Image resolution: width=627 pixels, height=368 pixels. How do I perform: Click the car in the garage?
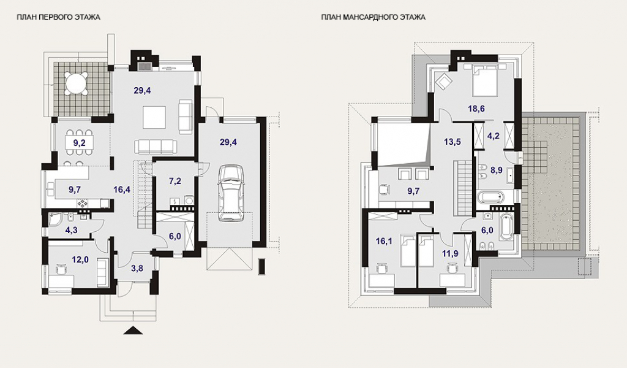coord(231,193)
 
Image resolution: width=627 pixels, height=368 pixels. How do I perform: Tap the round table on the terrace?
coord(77,83)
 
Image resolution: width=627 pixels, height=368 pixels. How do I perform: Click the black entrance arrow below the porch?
coord(133,331)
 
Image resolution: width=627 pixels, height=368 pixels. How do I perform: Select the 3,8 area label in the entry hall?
coord(137,269)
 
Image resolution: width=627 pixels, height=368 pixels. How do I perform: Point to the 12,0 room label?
coord(80,259)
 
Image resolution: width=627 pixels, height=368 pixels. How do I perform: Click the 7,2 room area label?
coord(175,181)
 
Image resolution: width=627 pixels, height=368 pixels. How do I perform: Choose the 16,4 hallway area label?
coord(122,190)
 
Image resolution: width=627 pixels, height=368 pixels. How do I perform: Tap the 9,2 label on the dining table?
coord(79,142)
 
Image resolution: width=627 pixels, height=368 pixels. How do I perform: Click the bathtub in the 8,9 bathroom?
coord(490,197)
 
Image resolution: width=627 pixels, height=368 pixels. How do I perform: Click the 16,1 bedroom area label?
coord(384,241)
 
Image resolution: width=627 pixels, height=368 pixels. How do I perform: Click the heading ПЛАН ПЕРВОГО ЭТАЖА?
coord(58,17)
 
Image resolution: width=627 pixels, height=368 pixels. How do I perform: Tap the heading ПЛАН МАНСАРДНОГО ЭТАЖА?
coord(373,17)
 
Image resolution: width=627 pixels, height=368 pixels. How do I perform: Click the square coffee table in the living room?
coord(154,117)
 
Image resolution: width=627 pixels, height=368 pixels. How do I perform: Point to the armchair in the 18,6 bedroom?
coord(443,82)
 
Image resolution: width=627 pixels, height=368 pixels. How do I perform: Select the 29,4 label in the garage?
coord(228,142)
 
